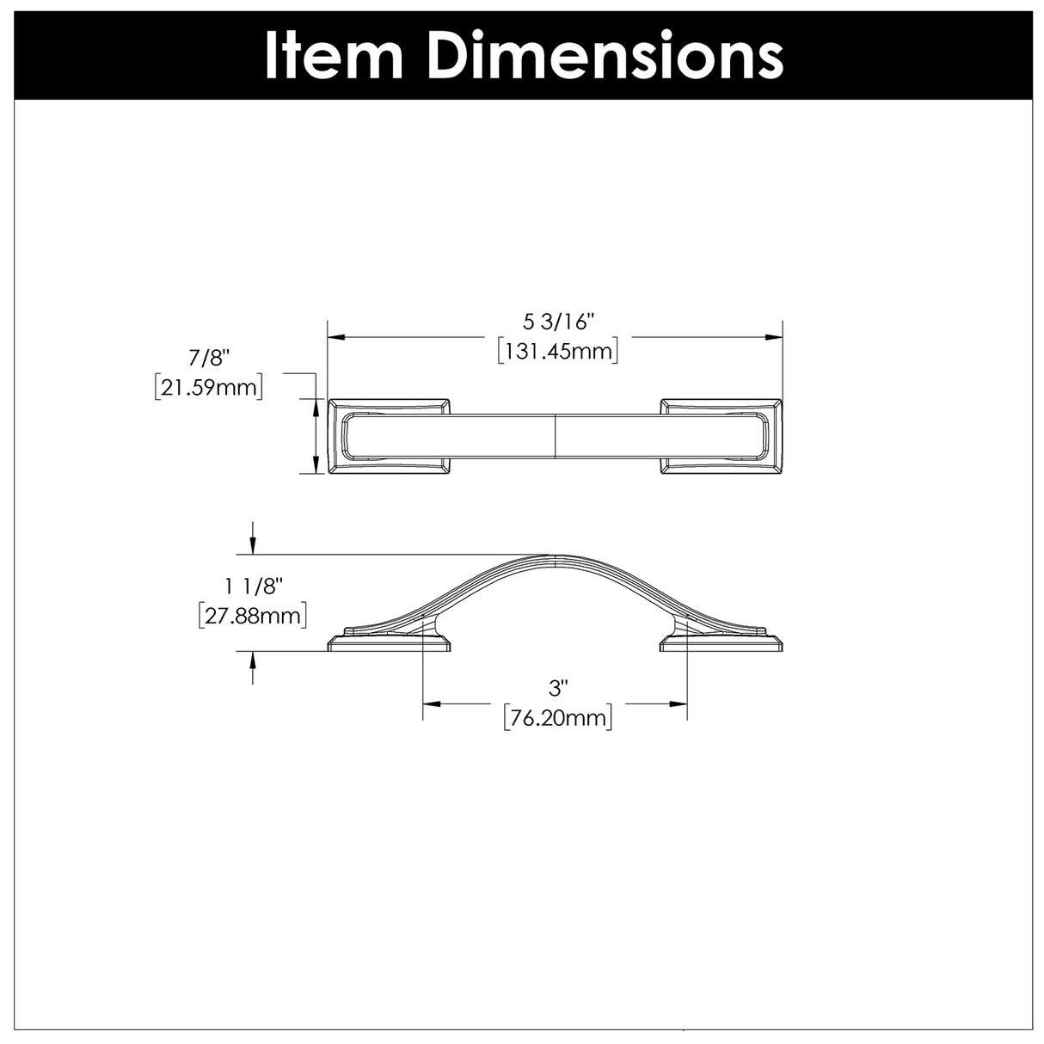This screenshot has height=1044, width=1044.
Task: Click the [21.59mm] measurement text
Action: point(207,388)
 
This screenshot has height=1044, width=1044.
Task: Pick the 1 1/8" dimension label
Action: point(254,586)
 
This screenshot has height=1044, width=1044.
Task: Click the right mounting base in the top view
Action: point(722,437)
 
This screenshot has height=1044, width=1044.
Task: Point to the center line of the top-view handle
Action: point(556,437)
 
